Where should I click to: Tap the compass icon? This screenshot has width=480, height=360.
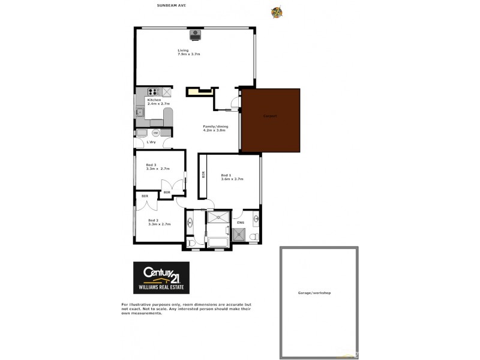pyautogui.click(x=277, y=11)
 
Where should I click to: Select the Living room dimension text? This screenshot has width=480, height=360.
pyautogui.click(x=188, y=55)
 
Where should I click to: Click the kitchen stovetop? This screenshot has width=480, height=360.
pyautogui.click(x=152, y=92)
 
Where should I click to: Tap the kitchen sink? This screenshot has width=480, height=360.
pyautogui.click(x=140, y=111)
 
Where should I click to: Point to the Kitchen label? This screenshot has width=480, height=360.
pyautogui.click(x=154, y=100)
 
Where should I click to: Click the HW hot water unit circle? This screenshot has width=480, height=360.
pyautogui.click(x=155, y=133)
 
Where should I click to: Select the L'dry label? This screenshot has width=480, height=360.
pyautogui.click(x=151, y=142)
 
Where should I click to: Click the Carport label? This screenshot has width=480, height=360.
pyautogui.click(x=269, y=116)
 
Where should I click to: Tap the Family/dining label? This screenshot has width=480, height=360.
pyautogui.click(x=213, y=127)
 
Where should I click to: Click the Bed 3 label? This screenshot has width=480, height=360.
pyautogui.click(x=151, y=165)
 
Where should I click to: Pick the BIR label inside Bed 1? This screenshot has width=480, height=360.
pyautogui.click(x=203, y=175)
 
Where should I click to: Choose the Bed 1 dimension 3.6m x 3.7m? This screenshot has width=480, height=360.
pyautogui.click(x=231, y=179)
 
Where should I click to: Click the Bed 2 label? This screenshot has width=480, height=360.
pyautogui.click(x=153, y=220)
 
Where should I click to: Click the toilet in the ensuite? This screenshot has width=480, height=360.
pyautogui.click(x=253, y=238)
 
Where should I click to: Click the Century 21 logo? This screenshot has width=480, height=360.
pyautogui.click(x=161, y=277)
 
